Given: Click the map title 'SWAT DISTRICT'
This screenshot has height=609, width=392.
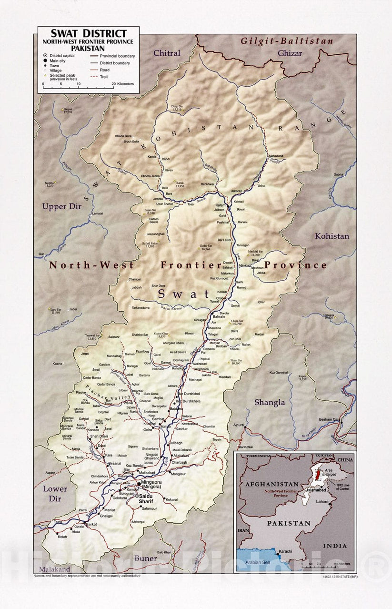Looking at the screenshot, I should (x=89, y=34).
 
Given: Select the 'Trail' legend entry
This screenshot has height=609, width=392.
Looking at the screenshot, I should (x=104, y=77).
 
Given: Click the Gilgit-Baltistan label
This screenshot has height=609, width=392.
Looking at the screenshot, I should (x=286, y=41).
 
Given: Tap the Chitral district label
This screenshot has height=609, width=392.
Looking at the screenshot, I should (x=167, y=53).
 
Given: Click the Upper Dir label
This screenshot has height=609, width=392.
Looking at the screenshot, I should (x=61, y=207).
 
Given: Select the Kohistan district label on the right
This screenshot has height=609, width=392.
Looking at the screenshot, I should (x=332, y=236).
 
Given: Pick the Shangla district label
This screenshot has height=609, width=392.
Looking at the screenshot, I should (x=269, y=402).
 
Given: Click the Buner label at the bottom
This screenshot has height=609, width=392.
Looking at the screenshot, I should (x=145, y=558).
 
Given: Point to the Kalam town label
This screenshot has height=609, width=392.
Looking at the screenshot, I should (x=220, y=205).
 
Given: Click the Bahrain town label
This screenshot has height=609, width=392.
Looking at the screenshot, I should (x=219, y=316).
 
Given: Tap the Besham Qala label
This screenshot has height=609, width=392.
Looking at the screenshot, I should (x=329, y=419).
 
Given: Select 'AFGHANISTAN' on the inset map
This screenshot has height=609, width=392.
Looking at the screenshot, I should (x=271, y=484).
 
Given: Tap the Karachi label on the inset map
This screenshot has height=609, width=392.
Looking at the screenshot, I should (x=285, y=551).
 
